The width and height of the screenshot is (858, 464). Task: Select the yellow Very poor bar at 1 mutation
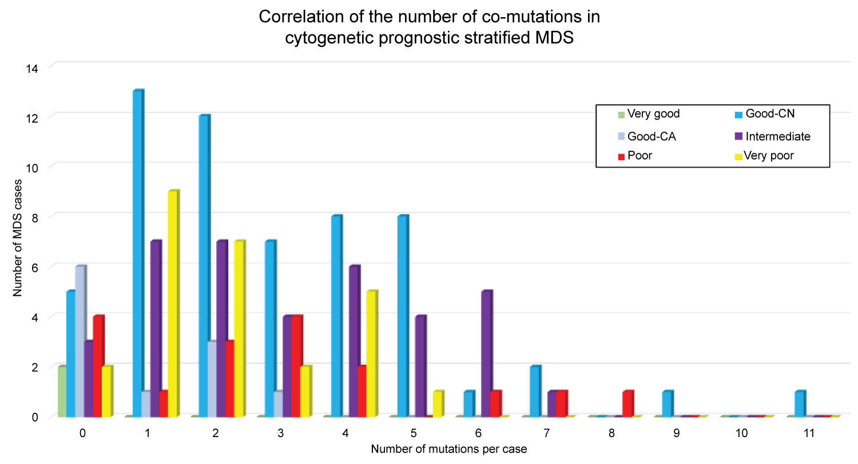[x=173, y=304]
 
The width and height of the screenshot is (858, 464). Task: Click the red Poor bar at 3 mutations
[x=297, y=366]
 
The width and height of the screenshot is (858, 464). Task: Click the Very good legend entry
[x=653, y=114]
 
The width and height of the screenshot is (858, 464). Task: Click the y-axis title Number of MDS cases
[x=18, y=241]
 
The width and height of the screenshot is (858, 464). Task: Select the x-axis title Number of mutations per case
[x=448, y=450]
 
